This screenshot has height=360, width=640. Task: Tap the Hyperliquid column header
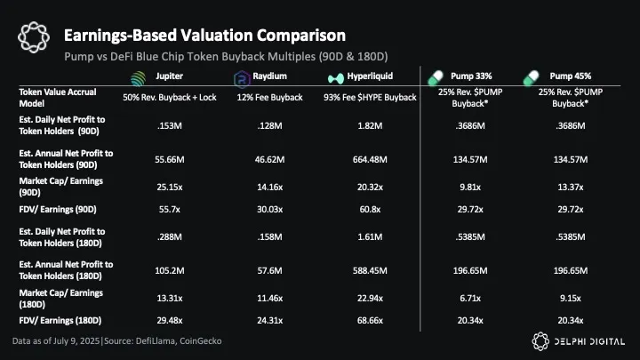click(x=372, y=76)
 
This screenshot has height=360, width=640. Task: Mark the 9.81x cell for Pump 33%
click(x=469, y=188)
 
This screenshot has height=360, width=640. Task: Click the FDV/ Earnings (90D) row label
click(x=52, y=210)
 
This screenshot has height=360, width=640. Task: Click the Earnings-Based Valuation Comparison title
click(x=204, y=36)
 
